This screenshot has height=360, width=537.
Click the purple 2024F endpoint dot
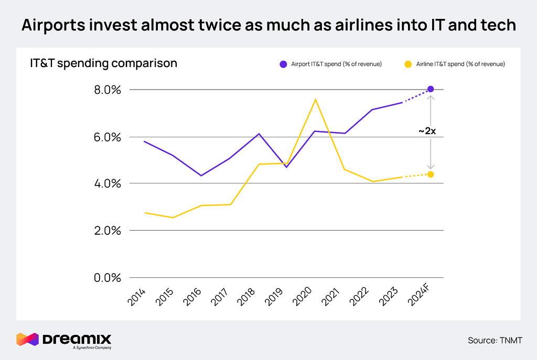click(x=431, y=89)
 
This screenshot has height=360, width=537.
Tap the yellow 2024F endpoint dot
click(x=431, y=174)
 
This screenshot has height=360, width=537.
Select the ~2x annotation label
click(x=427, y=131)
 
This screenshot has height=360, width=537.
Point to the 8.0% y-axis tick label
click(x=108, y=90)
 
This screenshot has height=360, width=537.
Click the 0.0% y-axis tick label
click(x=108, y=278)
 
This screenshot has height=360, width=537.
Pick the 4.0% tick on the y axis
click(x=108, y=184)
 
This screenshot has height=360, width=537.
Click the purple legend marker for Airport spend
click(x=283, y=64)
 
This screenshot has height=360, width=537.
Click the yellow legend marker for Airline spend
click(x=408, y=64)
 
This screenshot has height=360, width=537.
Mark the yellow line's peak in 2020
click(x=315, y=99)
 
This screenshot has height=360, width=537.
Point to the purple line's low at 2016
click(x=201, y=176)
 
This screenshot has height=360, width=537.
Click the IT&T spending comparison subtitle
click(x=103, y=63)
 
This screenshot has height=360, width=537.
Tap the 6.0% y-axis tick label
click(x=108, y=137)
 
